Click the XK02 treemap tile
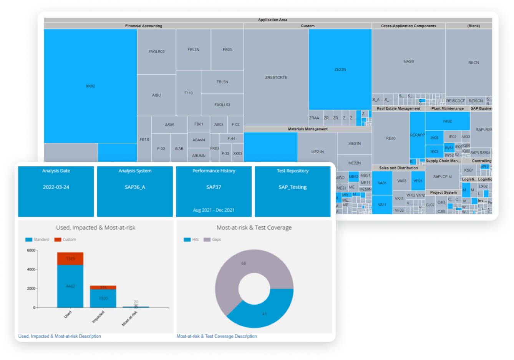[x=90, y=86]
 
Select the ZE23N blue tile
[x=340, y=70]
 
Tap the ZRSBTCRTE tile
[x=276, y=77]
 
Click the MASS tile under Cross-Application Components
[x=408, y=61]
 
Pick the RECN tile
[x=473, y=63]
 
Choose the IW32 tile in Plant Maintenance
[x=447, y=121]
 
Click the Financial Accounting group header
[x=144, y=26]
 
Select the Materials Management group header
[x=308, y=129]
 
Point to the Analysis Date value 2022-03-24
[x=56, y=187]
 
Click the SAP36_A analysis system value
[x=135, y=187]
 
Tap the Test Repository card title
[x=293, y=171]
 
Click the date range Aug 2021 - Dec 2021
[x=214, y=210]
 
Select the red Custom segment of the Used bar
[x=70, y=259]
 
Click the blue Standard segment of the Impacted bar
[x=103, y=299]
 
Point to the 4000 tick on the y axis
[x=31, y=269]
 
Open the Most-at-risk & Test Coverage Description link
[x=217, y=336]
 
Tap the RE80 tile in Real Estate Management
[x=391, y=138]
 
